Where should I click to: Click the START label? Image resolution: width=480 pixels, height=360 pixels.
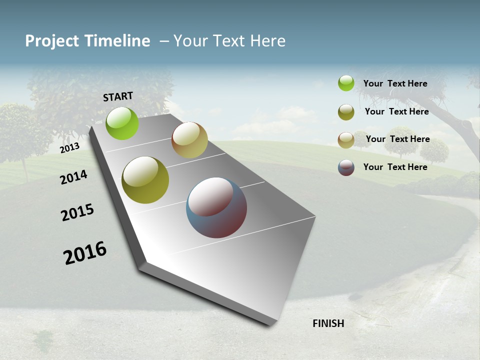(118, 96)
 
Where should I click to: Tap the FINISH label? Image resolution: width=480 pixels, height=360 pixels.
(328, 323)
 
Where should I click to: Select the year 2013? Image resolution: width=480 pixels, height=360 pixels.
(69, 147)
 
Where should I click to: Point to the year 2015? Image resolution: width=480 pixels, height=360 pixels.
(77, 212)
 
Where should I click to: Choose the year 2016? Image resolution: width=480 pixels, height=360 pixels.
(85, 252)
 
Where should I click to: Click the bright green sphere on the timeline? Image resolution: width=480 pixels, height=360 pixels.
(122, 123)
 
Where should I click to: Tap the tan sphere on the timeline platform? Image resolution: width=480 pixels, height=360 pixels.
(189, 140)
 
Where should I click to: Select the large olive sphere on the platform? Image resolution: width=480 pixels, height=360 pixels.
(145, 180)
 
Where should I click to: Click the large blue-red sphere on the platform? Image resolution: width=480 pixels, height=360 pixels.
(216, 207)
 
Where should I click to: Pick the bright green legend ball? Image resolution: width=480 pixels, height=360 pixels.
(346, 83)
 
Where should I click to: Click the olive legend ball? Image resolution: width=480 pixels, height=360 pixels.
(346, 112)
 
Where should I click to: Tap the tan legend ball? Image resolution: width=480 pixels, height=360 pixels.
(346, 140)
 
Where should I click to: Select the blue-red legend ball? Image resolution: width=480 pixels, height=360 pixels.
(346, 167)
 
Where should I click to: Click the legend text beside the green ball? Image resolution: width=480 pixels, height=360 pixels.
(395, 83)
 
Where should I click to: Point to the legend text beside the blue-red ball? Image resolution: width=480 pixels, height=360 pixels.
(395, 167)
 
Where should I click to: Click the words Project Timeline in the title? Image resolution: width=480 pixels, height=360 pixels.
(87, 41)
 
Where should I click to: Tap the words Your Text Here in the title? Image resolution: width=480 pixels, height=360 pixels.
(229, 41)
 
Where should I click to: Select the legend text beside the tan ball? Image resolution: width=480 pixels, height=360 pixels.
(397, 139)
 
